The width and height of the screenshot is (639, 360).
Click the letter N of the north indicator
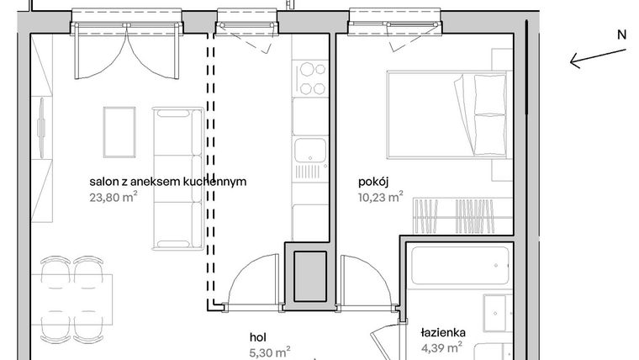click(x=621, y=35)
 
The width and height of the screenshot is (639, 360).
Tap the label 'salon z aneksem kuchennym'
click(x=168, y=183)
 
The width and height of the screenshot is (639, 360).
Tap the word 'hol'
click(x=259, y=334)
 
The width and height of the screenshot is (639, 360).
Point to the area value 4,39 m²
click(x=441, y=347)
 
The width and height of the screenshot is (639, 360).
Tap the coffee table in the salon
click(x=119, y=131)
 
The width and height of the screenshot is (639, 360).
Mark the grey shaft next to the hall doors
click(x=309, y=274)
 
